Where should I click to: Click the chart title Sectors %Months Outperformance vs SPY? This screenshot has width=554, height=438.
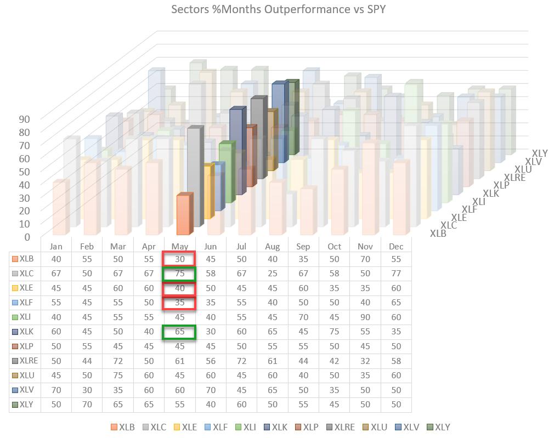pos(278,9)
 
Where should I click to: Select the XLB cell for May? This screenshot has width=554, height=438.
pos(179,259)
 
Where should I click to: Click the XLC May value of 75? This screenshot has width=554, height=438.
pos(179,274)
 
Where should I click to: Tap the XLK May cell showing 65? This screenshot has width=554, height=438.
pos(179,332)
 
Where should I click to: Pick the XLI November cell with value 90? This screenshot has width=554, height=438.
pos(365,317)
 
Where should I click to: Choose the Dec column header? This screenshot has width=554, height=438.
pos(396,247)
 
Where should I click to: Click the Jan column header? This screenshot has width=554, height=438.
pos(56,247)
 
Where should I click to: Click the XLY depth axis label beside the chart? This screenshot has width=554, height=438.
pos(540,153)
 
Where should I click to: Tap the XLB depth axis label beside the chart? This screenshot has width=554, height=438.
pos(438,234)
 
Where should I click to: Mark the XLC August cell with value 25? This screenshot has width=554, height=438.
pos(273,274)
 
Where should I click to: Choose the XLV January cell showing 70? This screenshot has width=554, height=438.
pos(56,390)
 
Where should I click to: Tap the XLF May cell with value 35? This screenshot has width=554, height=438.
pos(179,303)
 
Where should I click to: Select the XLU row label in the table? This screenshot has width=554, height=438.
pos(26,375)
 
